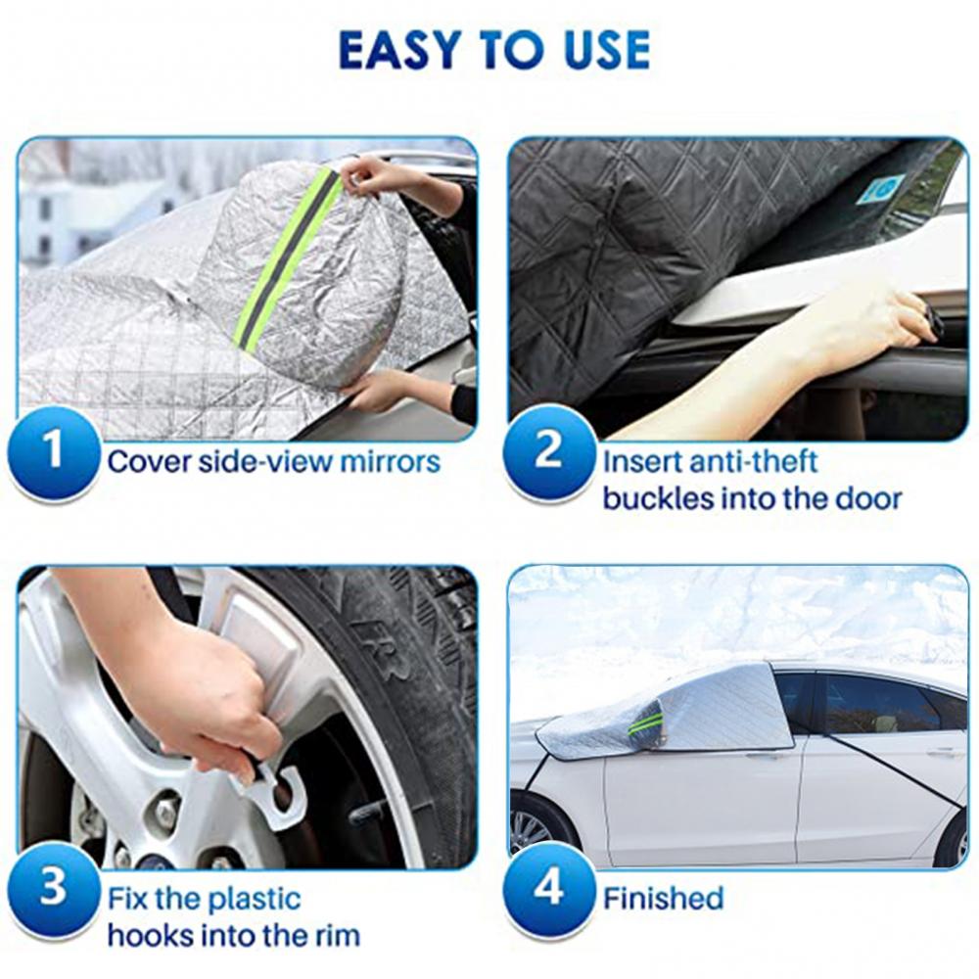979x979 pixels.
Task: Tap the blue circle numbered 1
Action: (x=53, y=451)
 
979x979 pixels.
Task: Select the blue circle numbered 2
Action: (x=549, y=451)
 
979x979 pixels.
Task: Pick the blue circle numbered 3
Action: (x=53, y=887)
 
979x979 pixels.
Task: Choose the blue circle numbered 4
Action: (x=549, y=887)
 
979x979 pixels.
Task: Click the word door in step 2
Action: (x=866, y=499)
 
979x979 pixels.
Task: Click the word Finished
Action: (x=663, y=899)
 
